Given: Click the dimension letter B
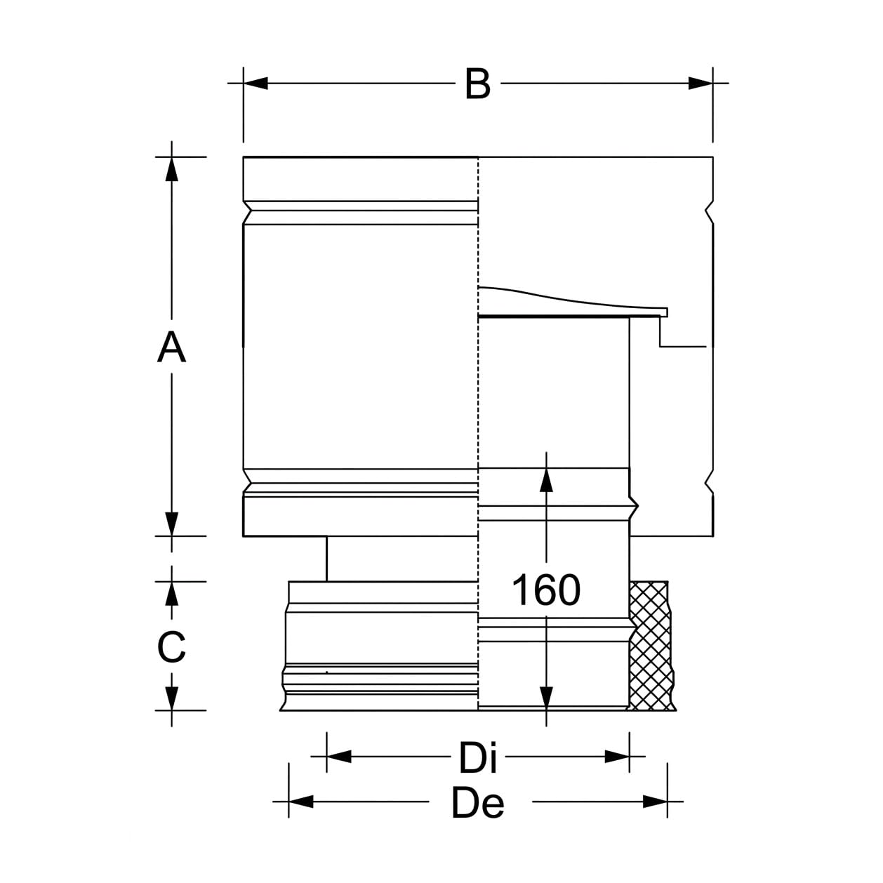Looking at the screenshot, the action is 477,84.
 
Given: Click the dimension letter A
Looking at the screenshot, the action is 171,347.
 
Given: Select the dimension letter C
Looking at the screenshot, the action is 171,646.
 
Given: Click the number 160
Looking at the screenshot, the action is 546,590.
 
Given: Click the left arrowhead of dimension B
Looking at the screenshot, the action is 255,84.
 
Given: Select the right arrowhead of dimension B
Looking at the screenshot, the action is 701,84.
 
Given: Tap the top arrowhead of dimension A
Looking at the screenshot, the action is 171,169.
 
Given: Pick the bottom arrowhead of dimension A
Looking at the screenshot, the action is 171,524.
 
